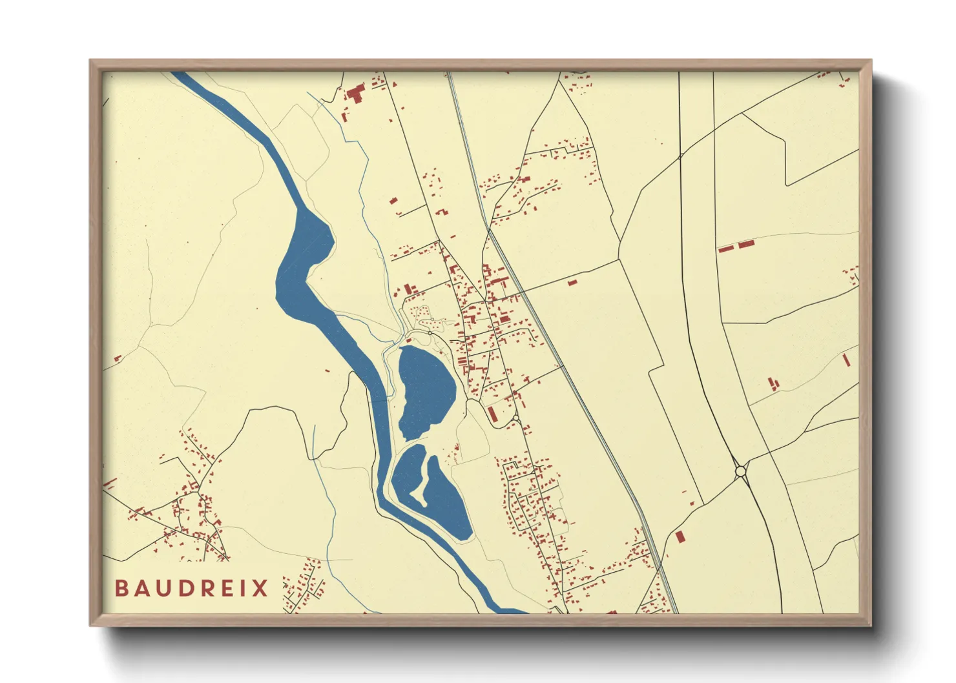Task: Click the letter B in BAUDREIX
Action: (121, 588)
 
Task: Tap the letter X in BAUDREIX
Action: (260, 588)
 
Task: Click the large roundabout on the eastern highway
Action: (740, 472)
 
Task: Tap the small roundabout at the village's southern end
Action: (515, 421)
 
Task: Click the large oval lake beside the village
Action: (426, 391)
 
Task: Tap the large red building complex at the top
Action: (355, 94)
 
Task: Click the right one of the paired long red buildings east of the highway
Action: (746, 244)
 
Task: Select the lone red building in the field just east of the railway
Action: (572, 283)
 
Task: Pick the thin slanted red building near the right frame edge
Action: (846, 360)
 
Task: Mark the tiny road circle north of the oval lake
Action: (430, 332)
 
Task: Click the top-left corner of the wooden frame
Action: (90, 61)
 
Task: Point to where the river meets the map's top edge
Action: (180, 73)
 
